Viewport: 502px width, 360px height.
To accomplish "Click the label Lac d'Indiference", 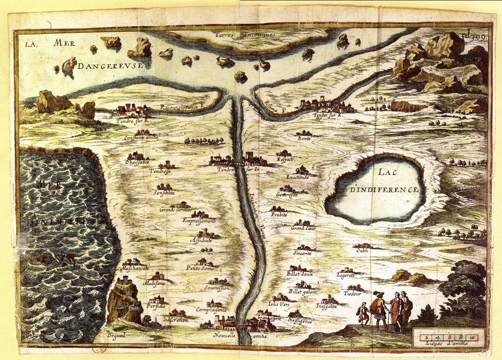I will point(384,181).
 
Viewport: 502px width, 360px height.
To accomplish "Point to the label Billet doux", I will point(300,274).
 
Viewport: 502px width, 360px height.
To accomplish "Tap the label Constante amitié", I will point(141,138).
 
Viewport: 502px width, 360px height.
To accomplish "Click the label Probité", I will point(279,215).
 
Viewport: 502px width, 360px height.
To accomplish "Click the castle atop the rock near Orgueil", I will point(124,281).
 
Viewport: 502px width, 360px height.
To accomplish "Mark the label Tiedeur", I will point(352,293).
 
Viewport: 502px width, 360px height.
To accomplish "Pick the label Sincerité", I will point(302,253).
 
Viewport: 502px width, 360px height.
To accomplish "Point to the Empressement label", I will point(199,221).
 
